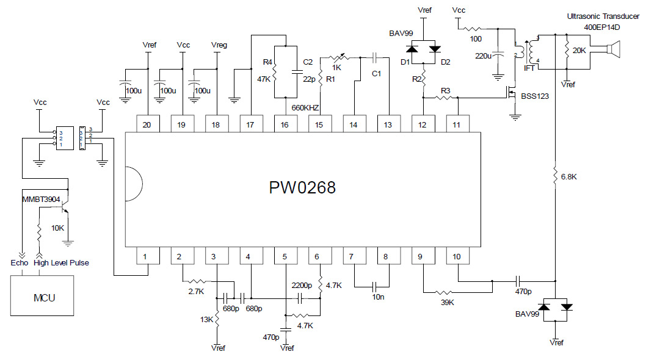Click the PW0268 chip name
click(x=302, y=187)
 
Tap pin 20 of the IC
click(x=147, y=124)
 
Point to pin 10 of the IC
click(x=456, y=257)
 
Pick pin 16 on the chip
click(x=285, y=124)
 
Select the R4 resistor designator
click(x=267, y=62)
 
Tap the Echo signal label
click(x=20, y=263)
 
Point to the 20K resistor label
click(x=579, y=51)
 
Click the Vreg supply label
click(x=218, y=45)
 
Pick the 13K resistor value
click(x=206, y=320)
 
